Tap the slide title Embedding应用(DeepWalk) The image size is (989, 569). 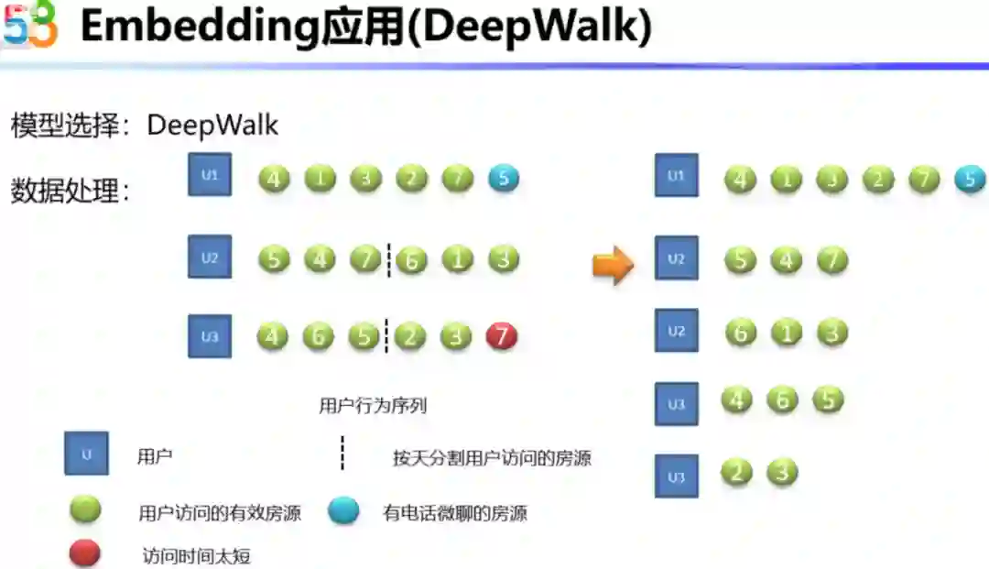(x=365, y=27)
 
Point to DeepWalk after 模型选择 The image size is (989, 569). (x=212, y=125)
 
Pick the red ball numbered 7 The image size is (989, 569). (x=501, y=336)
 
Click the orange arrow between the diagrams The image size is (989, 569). (x=613, y=265)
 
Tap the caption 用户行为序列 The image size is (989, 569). (x=373, y=406)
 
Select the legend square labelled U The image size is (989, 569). (x=86, y=454)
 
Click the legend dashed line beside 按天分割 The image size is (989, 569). (x=342, y=454)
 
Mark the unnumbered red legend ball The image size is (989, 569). (x=85, y=553)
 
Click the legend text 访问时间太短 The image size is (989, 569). (x=197, y=555)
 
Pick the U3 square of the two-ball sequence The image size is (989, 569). (x=676, y=476)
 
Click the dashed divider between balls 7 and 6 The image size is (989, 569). (x=388, y=260)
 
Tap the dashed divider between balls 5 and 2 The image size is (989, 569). (x=386, y=336)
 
